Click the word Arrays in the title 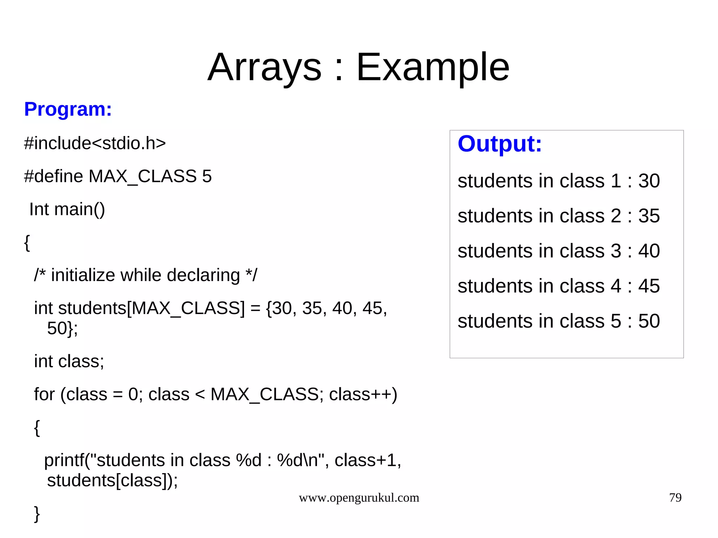tap(264, 67)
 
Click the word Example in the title tap(433, 67)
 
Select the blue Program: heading tap(68, 109)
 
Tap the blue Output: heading tap(500, 144)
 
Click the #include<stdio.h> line tap(95, 143)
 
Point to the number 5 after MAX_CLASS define tap(207, 176)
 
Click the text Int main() tap(67, 209)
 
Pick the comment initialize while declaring tap(145, 275)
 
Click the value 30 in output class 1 tap(649, 181)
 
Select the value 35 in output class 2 tap(649, 216)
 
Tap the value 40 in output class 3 tap(649, 251)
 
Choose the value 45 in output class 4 tap(649, 286)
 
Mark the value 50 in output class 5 tap(649, 321)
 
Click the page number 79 tap(675, 497)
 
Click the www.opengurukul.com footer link tap(359, 498)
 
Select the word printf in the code tap(65, 460)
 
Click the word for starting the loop tap(44, 394)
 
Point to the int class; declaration tap(69, 361)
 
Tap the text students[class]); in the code tap(112, 480)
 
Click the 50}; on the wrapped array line tap(62, 328)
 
